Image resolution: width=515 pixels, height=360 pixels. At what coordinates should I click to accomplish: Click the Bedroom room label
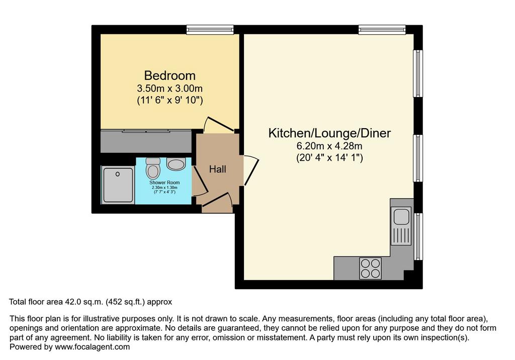point(170,75)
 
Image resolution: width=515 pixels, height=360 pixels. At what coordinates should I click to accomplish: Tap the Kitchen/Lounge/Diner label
point(329,133)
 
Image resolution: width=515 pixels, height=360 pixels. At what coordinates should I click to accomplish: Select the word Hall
point(217,169)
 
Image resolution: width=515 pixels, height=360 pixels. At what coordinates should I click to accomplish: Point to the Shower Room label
point(164,183)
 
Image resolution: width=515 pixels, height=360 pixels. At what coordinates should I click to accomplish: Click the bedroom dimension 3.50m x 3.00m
point(170,88)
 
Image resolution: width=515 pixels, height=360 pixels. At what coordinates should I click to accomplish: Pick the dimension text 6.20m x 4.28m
point(329,146)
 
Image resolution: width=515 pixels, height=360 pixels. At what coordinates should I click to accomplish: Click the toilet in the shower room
point(153,168)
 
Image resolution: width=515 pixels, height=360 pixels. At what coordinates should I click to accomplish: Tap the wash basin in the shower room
point(176,163)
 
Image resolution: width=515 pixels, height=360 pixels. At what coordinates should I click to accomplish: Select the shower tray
point(118,185)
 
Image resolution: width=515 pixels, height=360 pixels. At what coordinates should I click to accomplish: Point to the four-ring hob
point(371,268)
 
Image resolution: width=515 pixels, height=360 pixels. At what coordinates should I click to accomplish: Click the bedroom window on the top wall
point(210,30)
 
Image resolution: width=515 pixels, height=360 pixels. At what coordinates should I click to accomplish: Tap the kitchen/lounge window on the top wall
point(382,30)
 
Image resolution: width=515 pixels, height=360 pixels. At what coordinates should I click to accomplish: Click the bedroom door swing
point(218,125)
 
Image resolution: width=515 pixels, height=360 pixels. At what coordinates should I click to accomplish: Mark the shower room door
point(200,181)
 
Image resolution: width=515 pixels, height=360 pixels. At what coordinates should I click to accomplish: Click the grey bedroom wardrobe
point(146,141)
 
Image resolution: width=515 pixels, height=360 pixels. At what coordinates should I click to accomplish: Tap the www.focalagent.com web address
point(93,347)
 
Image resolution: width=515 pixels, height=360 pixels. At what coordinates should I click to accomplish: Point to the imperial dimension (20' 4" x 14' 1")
point(329,158)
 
